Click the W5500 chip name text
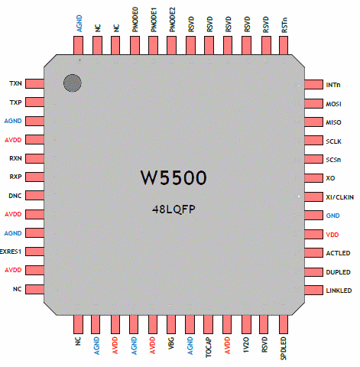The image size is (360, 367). click(x=174, y=177)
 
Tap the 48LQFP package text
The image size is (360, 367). click(x=174, y=209)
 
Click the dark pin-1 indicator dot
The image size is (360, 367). click(x=73, y=83)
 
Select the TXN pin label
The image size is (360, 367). click(x=15, y=83)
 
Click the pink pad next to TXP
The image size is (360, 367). click(x=34, y=102)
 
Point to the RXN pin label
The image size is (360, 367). click(x=15, y=158)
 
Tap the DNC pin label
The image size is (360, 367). click(x=15, y=196)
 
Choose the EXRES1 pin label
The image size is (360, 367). click(x=11, y=252)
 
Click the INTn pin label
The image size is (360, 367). click(x=333, y=85)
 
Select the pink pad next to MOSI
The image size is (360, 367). click(x=313, y=104)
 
